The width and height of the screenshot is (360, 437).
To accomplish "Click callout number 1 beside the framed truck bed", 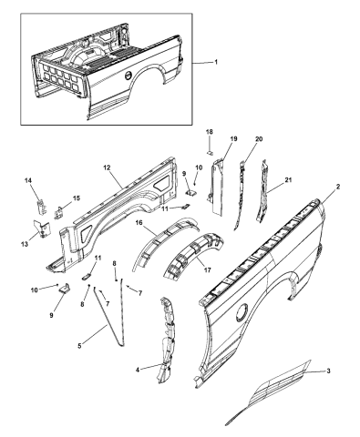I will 216,60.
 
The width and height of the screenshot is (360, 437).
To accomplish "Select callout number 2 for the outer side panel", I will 337,185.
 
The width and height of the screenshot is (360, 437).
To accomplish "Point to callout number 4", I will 139,370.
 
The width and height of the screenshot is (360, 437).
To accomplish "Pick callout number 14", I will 27,181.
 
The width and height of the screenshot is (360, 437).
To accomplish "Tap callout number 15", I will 76,198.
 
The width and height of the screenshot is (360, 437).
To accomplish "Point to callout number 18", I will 208,133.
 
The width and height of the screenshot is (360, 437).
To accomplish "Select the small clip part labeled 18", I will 208,154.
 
